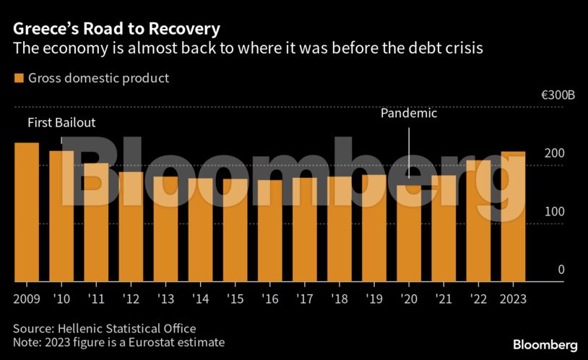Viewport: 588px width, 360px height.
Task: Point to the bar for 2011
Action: pyautogui.click(x=96, y=222)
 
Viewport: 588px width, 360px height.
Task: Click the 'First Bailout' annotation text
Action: pyautogui.click(x=61, y=123)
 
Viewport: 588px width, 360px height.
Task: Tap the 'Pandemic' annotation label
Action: pyautogui.click(x=409, y=113)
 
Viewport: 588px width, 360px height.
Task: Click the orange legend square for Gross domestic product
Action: pyautogui.click(x=19, y=78)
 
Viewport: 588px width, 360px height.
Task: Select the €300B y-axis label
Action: pyautogui.click(x=560, y=95)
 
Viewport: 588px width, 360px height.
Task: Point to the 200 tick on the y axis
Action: pyautogui.click(x=554, y=153)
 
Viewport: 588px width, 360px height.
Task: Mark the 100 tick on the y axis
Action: pyautogui.click(x=554, y=212)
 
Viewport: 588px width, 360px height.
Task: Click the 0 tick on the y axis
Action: pyautogui.click(x=560, y=270)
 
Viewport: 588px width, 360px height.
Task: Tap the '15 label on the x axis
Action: pyautogui.click(x=235, y=299)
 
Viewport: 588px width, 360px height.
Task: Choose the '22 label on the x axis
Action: pyautogui.click(x=478, y=299)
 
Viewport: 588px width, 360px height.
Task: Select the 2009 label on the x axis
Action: pyautogui.click(x=27, y=299)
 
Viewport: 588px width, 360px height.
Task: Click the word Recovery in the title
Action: pyautogui.click(x=181, y=30)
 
